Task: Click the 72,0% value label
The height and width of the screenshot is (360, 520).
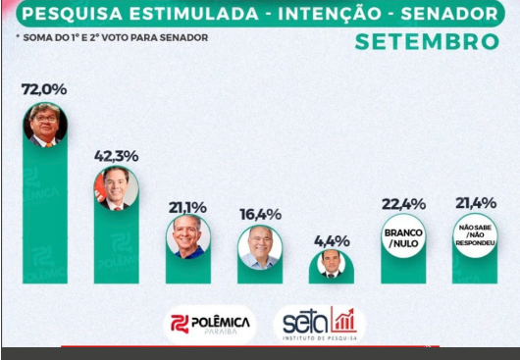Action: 44,89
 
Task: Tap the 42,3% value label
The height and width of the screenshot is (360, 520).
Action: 116,155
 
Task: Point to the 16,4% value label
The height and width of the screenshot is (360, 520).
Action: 260,214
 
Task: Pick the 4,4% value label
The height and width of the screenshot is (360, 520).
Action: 331,239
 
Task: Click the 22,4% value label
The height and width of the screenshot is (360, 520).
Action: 403,203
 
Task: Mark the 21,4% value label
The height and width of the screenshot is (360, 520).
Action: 475,203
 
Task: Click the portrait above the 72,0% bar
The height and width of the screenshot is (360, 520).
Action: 45,125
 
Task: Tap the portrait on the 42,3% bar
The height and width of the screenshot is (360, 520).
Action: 116,188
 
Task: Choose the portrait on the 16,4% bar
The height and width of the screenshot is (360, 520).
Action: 260,248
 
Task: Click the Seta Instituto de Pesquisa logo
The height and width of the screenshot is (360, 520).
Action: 319,324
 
